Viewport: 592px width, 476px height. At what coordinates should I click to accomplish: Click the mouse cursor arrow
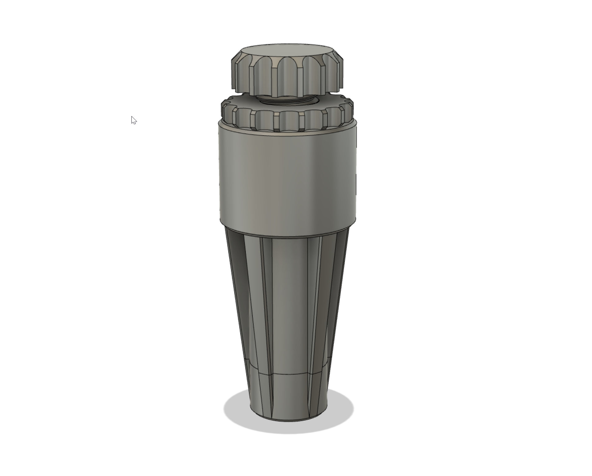coord(134,120)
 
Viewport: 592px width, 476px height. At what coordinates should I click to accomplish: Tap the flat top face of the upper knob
coord(287,51)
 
